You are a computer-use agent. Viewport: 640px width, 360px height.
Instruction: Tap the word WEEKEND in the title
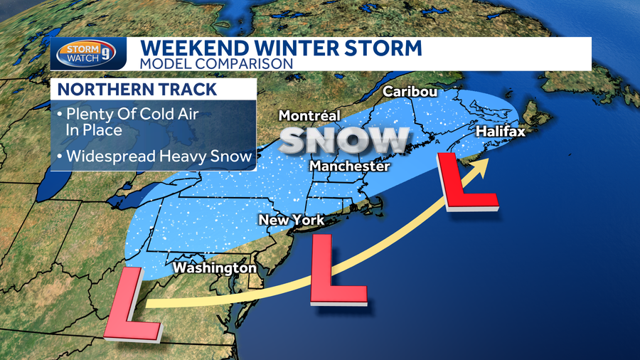tap(189, 49)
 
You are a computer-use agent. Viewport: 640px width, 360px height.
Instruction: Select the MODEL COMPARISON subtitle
tap(216, 64)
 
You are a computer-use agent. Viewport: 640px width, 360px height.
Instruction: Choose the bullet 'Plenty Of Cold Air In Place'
tap(104, 122)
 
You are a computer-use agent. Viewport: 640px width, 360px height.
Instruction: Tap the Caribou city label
tap(409, 92)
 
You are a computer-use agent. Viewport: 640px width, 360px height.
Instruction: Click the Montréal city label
tap(309, 115)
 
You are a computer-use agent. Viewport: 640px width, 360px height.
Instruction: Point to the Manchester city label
tap(349, 166)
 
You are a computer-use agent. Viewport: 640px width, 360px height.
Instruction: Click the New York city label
tap(291, 220)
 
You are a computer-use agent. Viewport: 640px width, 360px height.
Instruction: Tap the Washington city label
tap(214, 268)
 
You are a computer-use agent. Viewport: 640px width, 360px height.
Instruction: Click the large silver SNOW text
tap(344, 140)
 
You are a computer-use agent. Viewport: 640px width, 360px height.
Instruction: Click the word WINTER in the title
tap(290, 49)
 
